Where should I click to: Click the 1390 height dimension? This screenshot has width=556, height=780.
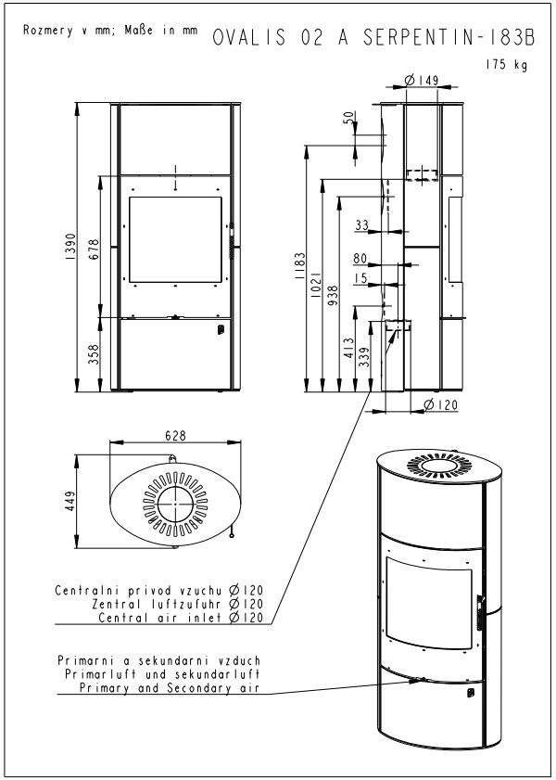point(69,248)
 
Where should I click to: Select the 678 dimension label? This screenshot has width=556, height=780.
point(94,249)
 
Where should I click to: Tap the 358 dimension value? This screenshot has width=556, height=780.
point(94,354)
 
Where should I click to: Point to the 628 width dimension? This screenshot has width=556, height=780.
point(175,436)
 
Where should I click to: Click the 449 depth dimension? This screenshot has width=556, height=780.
point(69,502)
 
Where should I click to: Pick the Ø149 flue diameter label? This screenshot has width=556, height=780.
point(422,80)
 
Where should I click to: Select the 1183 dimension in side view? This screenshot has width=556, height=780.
point(299,265)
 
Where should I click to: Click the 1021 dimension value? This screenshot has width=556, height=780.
point(316,285)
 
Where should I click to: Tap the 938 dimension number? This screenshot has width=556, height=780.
point(333,295)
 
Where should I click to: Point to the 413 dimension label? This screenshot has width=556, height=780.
point(349,348)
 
